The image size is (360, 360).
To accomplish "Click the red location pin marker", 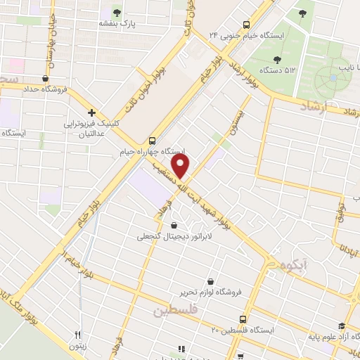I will (x=181, y=166).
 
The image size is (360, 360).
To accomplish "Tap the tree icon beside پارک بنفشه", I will (x=117, y=12).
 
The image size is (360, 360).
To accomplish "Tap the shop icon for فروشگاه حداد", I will (x=46, y=79).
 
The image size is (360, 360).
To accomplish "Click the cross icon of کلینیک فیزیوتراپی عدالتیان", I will (x=91, y=112).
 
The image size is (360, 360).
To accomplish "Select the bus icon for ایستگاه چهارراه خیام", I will (x=153, y=139).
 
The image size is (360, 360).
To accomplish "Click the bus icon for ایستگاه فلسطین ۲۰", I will (x=243, y=318).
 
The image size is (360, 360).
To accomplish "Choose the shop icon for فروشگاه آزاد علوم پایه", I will (x=342, y=326).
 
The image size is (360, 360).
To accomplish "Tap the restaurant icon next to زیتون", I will (x=78, y=335).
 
